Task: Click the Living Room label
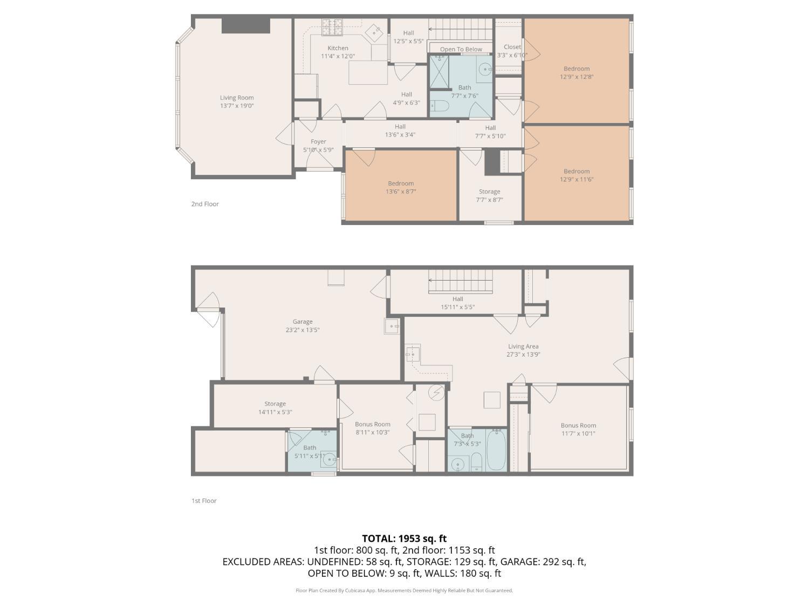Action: (237, 98)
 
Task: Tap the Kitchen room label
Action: (338, 48)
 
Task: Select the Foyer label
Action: (318, 141)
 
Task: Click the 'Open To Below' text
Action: (461, 49)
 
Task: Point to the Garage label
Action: (302, 322)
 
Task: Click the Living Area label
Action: (523, 346)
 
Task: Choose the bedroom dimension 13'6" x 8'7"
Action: (401, 192)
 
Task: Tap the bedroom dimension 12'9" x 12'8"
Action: (577, 77)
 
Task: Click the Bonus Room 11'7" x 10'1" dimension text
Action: (578, 433)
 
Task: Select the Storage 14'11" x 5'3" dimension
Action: (275, 412)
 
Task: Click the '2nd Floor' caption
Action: (205, 204)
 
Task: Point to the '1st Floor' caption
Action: (204, 501)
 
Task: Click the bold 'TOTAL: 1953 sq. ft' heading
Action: (404, 538)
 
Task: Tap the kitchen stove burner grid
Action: (332, 28)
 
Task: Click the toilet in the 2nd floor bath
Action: (439, 106)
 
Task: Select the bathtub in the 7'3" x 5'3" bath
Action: (497, 449)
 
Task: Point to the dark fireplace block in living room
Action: (246, 26)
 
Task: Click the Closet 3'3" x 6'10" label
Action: (512, 51)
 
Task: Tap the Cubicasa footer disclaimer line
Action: (404, 590)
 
